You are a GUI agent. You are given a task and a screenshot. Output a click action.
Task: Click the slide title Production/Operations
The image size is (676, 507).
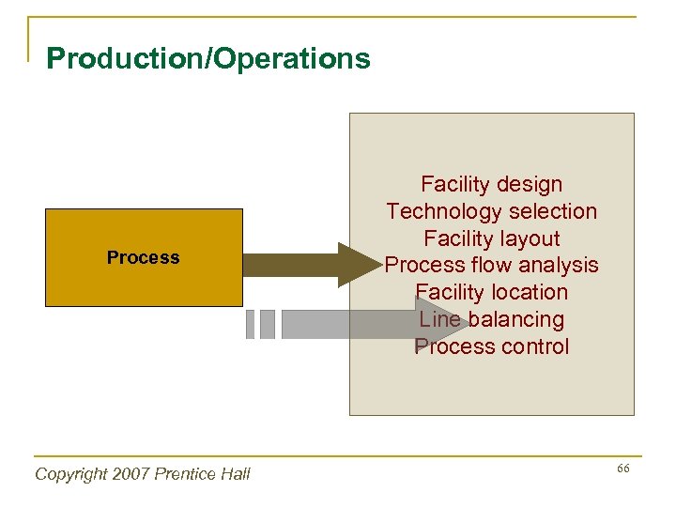208,59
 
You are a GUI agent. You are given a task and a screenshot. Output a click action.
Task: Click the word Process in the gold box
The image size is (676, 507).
143,257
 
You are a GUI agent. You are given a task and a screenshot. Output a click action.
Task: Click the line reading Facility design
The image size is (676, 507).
491,184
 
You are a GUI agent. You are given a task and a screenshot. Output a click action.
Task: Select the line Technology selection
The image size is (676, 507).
491,211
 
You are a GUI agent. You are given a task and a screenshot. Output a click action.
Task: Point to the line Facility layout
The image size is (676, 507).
491,238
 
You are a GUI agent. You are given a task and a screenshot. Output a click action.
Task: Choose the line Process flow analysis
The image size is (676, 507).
491,266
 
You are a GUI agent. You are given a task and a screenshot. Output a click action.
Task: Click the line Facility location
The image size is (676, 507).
491,292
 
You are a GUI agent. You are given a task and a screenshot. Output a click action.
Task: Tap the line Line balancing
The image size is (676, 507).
491,319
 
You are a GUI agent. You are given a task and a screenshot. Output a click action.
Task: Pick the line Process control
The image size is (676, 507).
491,346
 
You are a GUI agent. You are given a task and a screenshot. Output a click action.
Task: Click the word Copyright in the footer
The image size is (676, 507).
69,474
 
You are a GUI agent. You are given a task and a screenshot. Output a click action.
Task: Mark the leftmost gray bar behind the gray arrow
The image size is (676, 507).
250,324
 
